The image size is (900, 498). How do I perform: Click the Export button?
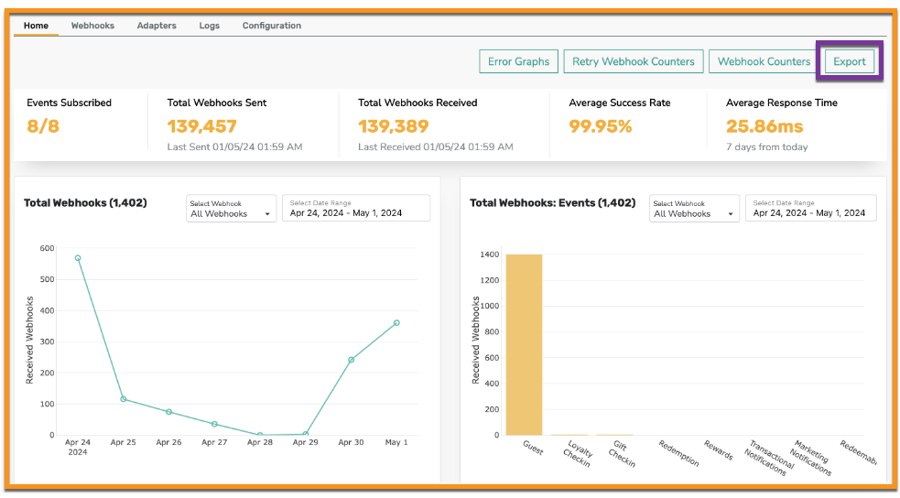click(850, 61)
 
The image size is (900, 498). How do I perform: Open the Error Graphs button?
click(518, 61)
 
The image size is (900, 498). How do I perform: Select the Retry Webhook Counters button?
click(633, 61)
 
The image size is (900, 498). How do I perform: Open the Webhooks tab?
click(92, 26)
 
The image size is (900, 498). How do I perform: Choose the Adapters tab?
click(157, 26)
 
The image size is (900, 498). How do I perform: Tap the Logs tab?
click(210, 26)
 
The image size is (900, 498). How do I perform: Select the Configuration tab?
click(272, 26)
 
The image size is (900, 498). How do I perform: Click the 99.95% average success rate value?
click(601, 126)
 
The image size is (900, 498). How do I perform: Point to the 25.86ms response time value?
click(764, 126)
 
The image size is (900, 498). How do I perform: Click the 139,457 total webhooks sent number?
click(202, 126)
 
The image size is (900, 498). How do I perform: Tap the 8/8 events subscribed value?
click(43, 126)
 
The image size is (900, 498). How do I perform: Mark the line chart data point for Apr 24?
click(78, 258)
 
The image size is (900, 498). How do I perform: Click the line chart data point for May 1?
click(396, 323)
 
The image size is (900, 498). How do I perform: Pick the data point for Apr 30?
click(351, 360)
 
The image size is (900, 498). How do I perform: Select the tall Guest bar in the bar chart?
click(524, 345)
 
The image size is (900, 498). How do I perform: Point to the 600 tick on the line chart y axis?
click(47, 248)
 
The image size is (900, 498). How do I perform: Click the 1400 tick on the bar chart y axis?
click(490, 254)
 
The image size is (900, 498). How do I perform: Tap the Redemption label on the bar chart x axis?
click(678, 453)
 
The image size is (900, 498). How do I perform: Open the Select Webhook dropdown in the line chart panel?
click(231, 209)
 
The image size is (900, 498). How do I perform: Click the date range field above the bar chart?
click(810, 208)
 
